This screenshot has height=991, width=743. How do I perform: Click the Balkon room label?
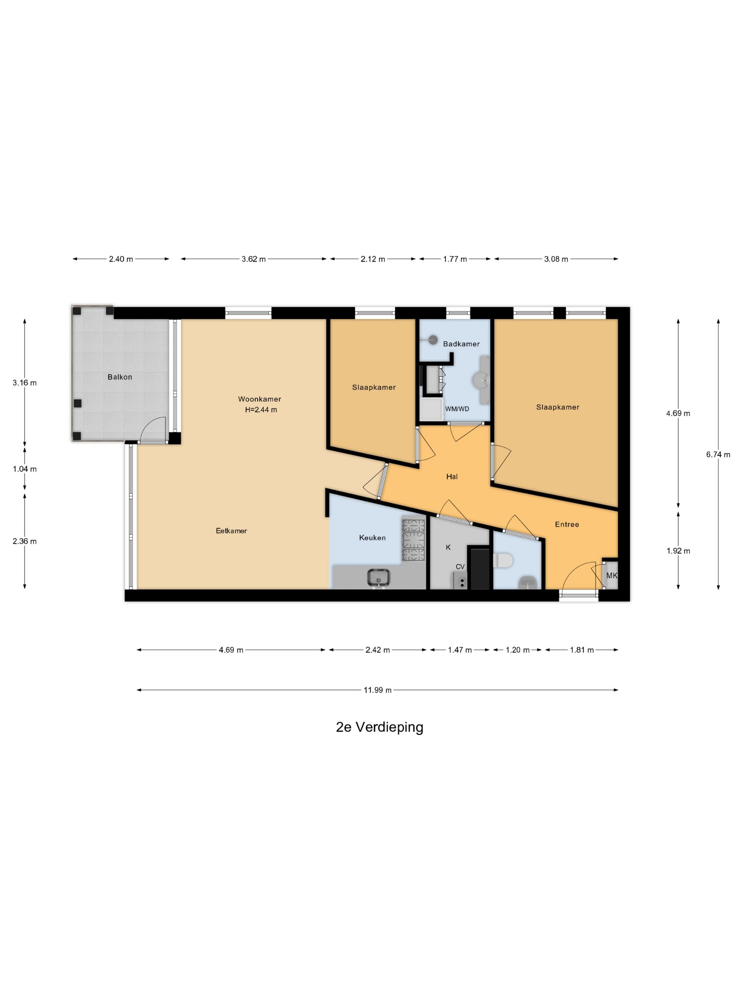(x=120, y=377)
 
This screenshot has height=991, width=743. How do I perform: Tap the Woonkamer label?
(x=259, y=399)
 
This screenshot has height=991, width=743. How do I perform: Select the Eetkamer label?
(x=231, y=531)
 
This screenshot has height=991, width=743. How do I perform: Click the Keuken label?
(x=372, y=538)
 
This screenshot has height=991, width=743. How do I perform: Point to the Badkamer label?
(x=461, y=344)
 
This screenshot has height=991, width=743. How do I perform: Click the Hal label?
(x=452, y=476)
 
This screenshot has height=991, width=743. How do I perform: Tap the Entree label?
(x=566, y=524)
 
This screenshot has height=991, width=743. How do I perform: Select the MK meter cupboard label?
(x=611, y=575)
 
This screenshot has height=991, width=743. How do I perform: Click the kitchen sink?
(x=379, y=578)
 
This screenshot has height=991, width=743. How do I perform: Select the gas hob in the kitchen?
(x=413, y=540)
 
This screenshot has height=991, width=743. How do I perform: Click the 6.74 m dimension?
(x=718, y=454)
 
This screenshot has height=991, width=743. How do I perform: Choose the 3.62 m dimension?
(x=253, y=259)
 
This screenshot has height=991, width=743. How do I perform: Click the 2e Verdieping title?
(x=379, y=727)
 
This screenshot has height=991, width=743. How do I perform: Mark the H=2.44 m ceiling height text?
(x=261, y=409)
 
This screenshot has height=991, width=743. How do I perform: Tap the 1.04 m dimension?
(x=25, y=469)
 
